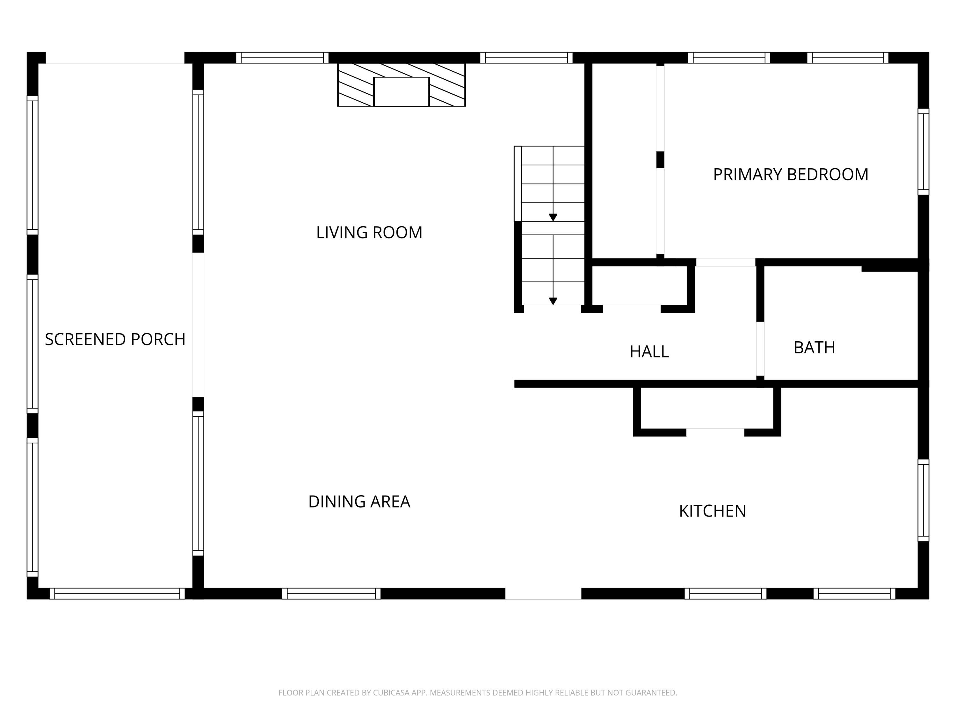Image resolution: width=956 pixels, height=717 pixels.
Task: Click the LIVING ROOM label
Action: [x=369, y=233]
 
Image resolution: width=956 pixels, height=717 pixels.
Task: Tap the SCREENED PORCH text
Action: [x=115, y=339]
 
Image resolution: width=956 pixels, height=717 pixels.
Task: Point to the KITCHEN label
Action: [x=712, y=511]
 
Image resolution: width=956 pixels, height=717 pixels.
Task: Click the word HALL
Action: [x=649, y=352]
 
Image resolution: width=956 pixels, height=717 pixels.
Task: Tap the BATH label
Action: [x=814, y=347]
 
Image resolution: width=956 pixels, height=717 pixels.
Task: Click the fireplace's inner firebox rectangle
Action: [x=401, y=92]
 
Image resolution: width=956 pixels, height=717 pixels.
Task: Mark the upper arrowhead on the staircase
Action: [x=553, y=217]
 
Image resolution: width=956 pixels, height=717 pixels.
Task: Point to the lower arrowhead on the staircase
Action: [x=553, y=301]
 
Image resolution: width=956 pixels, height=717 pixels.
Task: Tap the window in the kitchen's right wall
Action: [x=923, y=500]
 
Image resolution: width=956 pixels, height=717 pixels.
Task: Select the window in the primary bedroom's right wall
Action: [x=923, y=152]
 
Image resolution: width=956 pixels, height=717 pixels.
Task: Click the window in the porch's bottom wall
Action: [x=117, y=593]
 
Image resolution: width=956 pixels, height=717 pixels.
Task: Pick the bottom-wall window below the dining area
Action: [x=331, y=593]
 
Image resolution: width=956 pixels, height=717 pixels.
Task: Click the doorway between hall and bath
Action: [x=760, y=349]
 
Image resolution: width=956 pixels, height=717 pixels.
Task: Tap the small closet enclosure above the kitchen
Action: [x=706, y=409]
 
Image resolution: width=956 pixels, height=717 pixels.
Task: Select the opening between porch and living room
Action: [x=198, y=325]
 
